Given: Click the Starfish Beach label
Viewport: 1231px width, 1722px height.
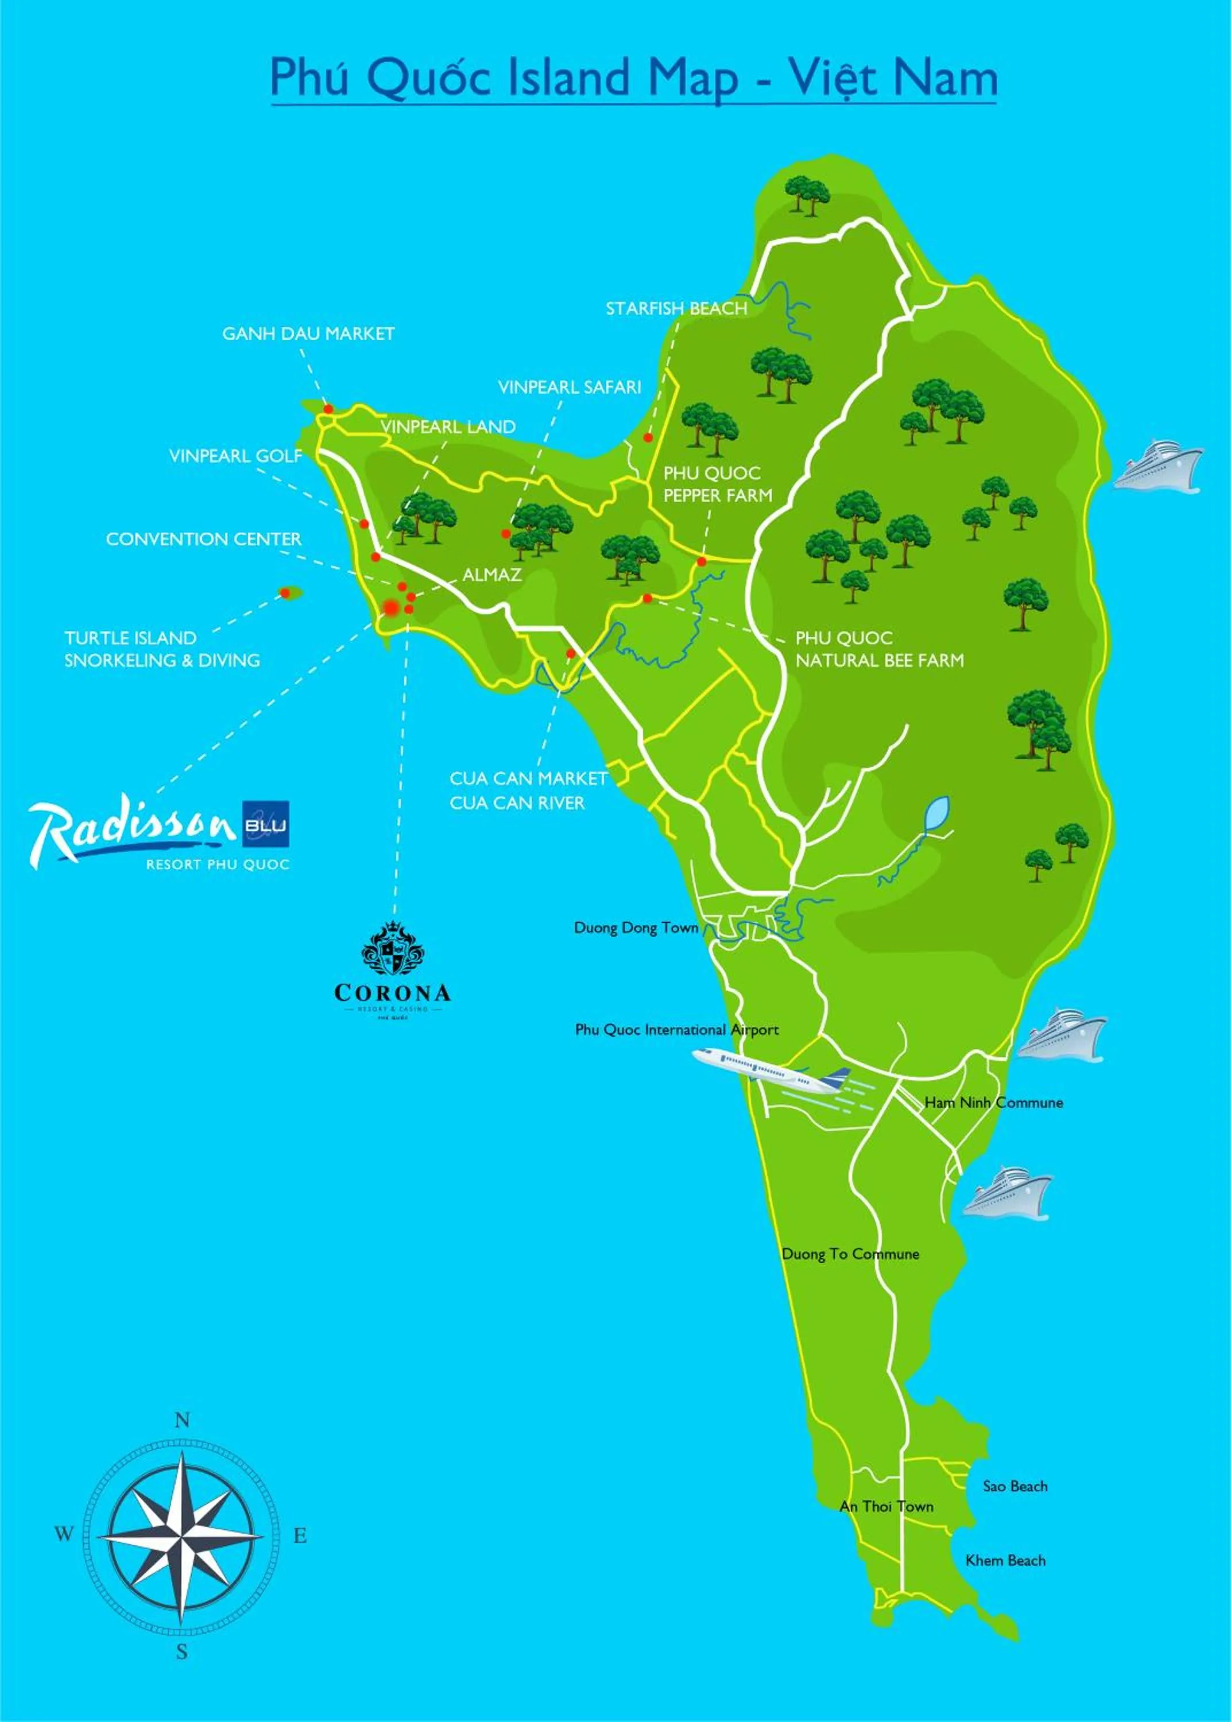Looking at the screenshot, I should [x=676, y=308].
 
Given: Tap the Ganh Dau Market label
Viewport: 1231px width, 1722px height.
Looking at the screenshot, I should [x=308, y=333].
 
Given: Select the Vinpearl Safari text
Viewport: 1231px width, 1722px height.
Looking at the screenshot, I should [x=569, y=387].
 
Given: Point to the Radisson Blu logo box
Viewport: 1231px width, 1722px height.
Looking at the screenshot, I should [x=266, y=824].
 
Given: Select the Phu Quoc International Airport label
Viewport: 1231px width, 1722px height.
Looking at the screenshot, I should [x=676, y=1030].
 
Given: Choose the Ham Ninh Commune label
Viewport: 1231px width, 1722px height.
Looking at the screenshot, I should [x=993, y=1102].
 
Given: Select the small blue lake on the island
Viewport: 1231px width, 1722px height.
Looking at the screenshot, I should [x=937, y=813].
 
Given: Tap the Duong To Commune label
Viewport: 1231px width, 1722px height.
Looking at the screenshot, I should [x=850, y=1254].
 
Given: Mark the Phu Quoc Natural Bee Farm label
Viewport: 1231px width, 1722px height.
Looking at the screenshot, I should [x=879, y=649].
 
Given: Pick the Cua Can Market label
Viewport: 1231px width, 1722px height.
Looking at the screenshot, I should [x=528, y=778].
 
